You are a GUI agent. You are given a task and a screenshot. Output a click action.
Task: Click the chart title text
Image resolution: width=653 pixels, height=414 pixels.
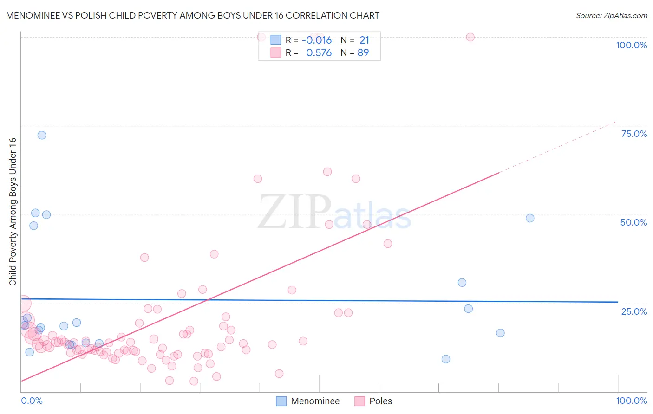192,15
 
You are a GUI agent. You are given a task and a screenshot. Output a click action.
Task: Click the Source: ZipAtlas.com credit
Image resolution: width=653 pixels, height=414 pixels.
611,15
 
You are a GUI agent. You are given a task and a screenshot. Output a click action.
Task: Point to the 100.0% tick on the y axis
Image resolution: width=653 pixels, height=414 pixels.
631,45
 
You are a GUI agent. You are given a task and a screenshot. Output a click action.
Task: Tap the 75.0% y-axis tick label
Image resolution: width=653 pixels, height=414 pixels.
634,134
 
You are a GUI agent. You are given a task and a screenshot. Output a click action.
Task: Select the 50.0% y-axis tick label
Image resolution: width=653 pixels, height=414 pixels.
633,222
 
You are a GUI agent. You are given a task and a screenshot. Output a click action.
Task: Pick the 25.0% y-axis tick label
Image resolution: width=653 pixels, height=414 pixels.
634,311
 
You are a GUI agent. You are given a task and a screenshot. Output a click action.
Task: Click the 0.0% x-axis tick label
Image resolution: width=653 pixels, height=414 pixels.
32,401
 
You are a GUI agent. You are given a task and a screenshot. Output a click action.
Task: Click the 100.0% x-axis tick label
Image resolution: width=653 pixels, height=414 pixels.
631,401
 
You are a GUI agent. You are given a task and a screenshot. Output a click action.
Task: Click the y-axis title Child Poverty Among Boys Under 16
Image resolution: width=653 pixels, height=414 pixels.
13,212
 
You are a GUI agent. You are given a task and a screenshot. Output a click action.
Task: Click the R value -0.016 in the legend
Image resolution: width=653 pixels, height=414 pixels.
316,40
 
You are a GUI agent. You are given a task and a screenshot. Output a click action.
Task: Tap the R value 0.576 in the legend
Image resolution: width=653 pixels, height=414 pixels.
319,52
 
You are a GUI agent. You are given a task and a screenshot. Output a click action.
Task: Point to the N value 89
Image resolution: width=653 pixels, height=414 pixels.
363,52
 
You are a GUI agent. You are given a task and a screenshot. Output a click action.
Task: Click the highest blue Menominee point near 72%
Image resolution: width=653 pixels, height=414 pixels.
42,135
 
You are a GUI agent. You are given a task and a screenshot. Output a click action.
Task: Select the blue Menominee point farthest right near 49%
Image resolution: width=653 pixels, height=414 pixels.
530,218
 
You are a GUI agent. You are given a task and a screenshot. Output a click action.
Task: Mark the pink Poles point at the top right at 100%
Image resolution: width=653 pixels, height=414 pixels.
470,37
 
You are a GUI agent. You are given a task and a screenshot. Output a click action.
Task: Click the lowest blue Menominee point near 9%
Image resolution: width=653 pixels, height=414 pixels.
446,359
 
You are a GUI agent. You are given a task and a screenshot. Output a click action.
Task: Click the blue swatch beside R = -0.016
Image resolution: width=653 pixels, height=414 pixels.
276,40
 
